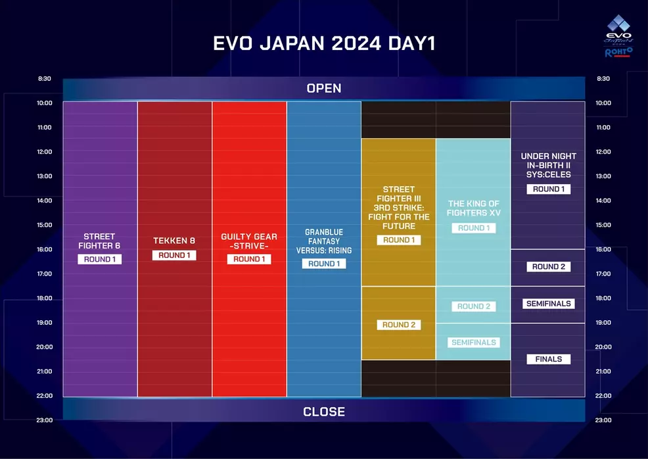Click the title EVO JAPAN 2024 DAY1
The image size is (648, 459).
click(324, 43)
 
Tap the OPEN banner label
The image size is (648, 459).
click(324, 88)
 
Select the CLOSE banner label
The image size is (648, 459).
click(324, 412)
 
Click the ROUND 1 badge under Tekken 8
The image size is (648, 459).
click(174, 255)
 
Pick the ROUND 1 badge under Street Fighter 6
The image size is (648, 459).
click(99, 259)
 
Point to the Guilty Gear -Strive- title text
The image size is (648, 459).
click(249, 241)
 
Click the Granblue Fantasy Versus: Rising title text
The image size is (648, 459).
click(324, 241)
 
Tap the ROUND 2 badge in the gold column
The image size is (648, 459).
click(399, 325)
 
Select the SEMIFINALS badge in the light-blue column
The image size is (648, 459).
click(474, 343)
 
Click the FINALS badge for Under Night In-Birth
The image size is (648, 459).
click(548, 359)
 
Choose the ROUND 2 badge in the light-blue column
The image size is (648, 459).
click(474, 306)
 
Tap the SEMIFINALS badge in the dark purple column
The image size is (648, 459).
click(548, 304)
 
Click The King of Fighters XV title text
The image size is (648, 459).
click(474, 208)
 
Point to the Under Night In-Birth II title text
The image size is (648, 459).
click(548, 166)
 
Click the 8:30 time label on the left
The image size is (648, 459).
click(45, 79)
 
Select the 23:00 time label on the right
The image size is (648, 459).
click(603, 420)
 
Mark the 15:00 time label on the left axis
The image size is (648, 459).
click(45, 225)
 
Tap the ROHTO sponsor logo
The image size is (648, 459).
click(618, 52)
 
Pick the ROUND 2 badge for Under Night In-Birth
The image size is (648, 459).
click(548, 267)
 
